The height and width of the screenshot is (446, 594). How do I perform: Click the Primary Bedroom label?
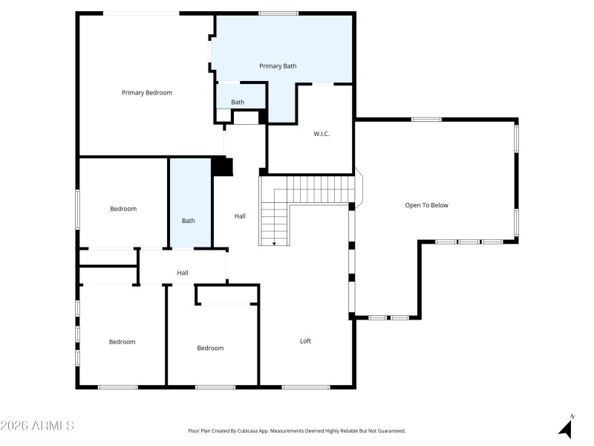point(147,93)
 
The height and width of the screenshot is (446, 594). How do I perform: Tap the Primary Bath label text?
point(278,66)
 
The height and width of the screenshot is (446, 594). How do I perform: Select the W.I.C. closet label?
point(322,134)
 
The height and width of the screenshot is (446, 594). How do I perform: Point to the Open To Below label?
point(426,205)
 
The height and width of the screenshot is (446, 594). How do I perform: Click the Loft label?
point(305,341)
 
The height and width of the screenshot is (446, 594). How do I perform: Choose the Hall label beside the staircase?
point(240,216)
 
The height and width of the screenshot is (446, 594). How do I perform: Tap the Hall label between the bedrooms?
point(183,273)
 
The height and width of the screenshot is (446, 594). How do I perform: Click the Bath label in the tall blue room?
point(189,221)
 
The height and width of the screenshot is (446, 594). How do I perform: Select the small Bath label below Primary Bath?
point(238,103)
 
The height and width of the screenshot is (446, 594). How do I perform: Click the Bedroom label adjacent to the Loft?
point(210,348)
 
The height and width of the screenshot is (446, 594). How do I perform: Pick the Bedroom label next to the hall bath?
point(123,209)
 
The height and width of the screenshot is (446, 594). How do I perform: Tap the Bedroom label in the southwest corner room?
point(123,342)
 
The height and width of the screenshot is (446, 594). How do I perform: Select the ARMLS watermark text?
point(37,426)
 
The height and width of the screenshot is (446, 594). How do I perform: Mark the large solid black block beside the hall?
point(222,167)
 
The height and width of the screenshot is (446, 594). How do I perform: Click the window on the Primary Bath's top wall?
point(278,13)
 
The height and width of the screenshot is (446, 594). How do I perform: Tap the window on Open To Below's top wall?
point(426,119)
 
